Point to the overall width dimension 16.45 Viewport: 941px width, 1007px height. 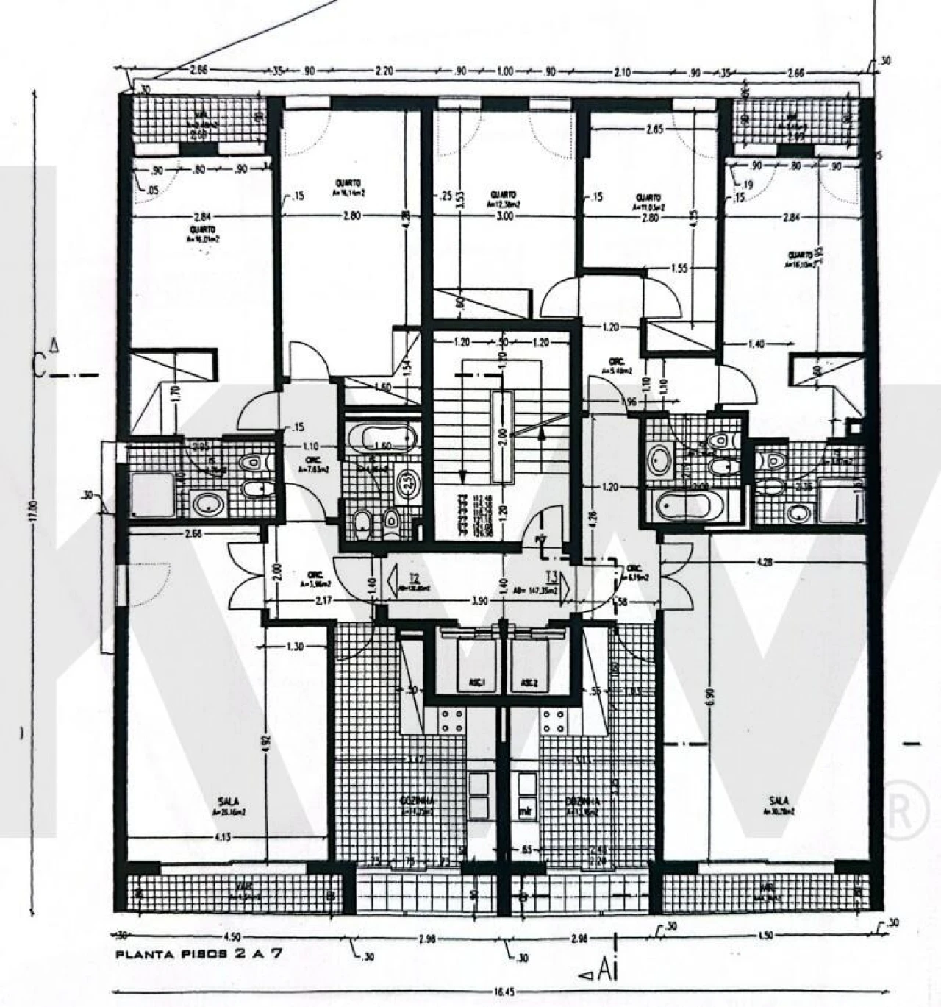(x=504, y=992)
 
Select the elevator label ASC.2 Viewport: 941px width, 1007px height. (x=529, y=683)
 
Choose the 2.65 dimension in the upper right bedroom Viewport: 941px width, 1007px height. (x=654, y=129)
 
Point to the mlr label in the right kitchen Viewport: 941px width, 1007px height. (x=525, y=813)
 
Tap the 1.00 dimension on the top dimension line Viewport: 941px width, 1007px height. (x=504, y=72)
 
